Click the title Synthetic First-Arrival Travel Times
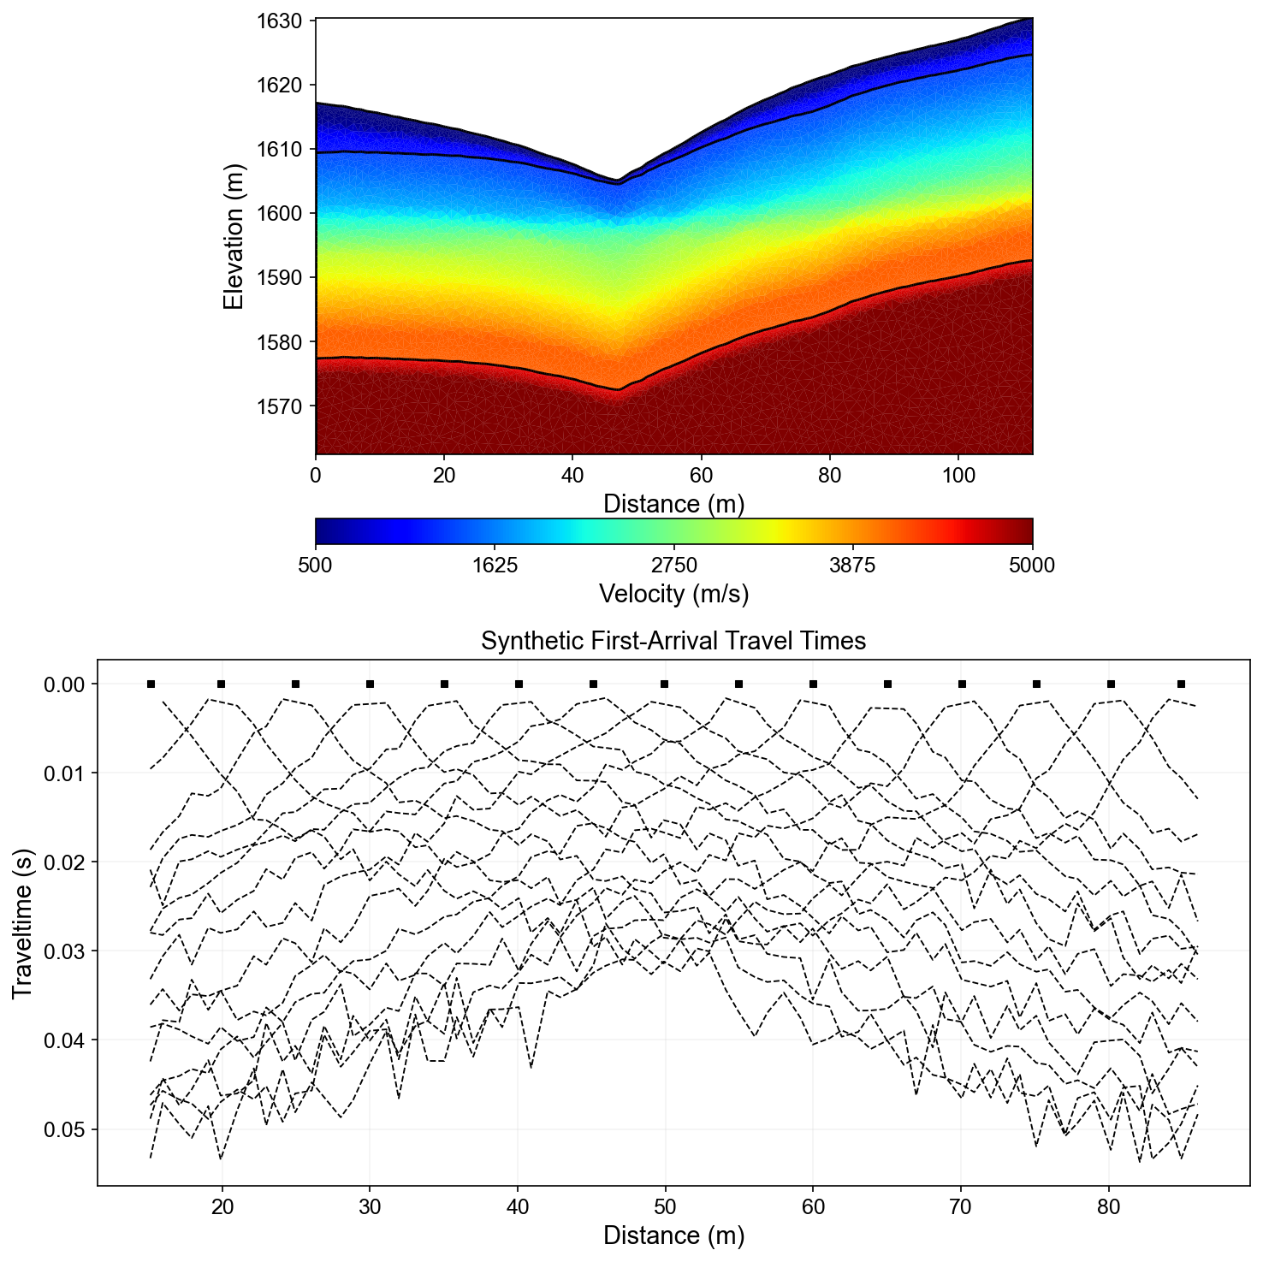[x=673, y=641]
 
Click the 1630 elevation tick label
[x=279, y=21]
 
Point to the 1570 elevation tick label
[x=279, y=406]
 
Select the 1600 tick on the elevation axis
[x=279, y=213]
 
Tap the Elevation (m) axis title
[x=233, y=236]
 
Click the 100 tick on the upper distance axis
[x=958, y=476]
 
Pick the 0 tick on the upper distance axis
[x=316, y=476]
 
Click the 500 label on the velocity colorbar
[x=316, y=566]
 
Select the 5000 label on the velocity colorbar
[x=1032, y=566]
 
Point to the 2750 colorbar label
[x=674, y=566]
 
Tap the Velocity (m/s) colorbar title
[x=673, y=593]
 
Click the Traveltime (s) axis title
[x=22, y=922]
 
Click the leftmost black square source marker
[x=151, y=684]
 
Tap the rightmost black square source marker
[x=1182, y=684]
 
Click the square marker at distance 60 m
[x=813, y=684]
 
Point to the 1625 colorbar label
[x=495, y=566]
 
